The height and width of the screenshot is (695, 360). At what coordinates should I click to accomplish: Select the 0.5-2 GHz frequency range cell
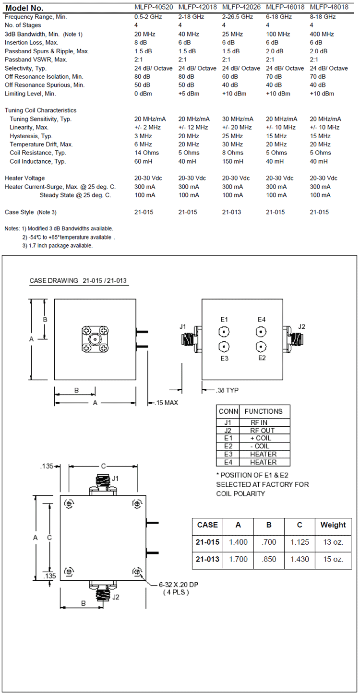pyautogui.click(x=148, y=17)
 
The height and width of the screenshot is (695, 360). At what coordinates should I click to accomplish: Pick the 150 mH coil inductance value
pyautogui.click(x=233, y=162)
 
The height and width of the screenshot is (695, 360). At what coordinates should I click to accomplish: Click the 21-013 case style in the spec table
pyautogui.click(x=233, y=212)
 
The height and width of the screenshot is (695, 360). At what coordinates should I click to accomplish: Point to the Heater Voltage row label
pyautogui.click(x=25, y=178)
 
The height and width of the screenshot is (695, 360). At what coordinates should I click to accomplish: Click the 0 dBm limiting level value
pyautogui.click(x=143, y=94)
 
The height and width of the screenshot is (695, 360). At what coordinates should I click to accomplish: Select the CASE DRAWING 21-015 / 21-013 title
pyautogui.click(x=78, y=281)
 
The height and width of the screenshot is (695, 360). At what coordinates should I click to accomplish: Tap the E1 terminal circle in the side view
pyautogui.click(x=224, y=332)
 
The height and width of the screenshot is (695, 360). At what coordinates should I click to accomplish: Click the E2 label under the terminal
pyautogui.click(x=262, y=358)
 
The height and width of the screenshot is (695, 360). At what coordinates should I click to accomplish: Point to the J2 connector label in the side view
pyautogui.click(x=301, y=327)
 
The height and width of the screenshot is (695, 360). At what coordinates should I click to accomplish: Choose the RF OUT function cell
pyautogui.click(x=263, y=431)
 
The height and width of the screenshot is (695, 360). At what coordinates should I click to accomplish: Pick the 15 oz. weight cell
pyautogui.click(x=333, y=559)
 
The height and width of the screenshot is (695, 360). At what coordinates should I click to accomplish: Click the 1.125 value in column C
pyautogui.click(x=300, y=542)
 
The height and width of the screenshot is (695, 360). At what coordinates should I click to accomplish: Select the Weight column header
pyautogui.click(x=333, y=525)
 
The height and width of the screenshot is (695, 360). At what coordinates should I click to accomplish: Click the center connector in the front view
pyautogui.click(x=95, y=338)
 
